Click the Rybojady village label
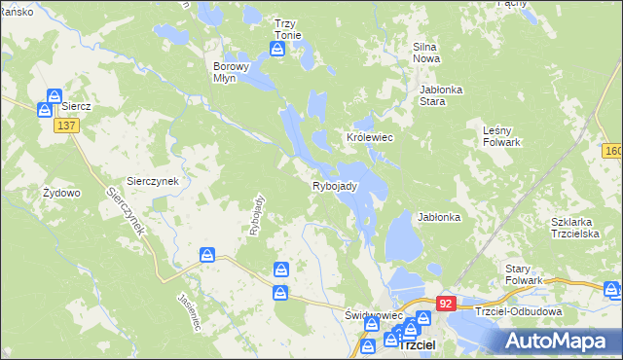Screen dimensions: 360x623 (x=336, y=186)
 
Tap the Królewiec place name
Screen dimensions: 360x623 (x=370, y=138)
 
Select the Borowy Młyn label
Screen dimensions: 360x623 (x=232, y=73)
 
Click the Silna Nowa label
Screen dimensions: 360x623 (x=427, y=53)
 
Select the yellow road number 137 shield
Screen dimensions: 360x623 (x=67, y=126)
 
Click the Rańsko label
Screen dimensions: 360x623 (x=17, y=11)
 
